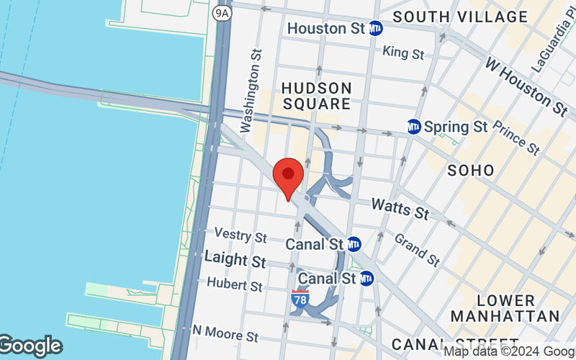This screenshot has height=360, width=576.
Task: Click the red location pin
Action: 289,177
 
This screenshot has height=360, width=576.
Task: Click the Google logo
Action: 30,346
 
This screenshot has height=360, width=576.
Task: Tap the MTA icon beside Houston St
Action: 375,29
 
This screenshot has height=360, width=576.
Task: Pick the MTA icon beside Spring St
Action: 413,127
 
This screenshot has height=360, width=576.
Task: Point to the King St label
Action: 403,52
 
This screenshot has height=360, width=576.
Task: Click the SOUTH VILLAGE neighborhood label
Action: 460,16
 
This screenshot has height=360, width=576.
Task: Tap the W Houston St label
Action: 526,89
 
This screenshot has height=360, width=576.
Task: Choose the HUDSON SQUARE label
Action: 317,96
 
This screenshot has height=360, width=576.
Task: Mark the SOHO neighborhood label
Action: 471,171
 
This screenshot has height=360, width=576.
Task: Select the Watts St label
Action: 400,210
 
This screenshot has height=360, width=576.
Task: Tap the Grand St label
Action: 417,250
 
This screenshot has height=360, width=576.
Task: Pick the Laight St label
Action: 235,259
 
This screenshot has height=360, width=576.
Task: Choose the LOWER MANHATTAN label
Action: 505,308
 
